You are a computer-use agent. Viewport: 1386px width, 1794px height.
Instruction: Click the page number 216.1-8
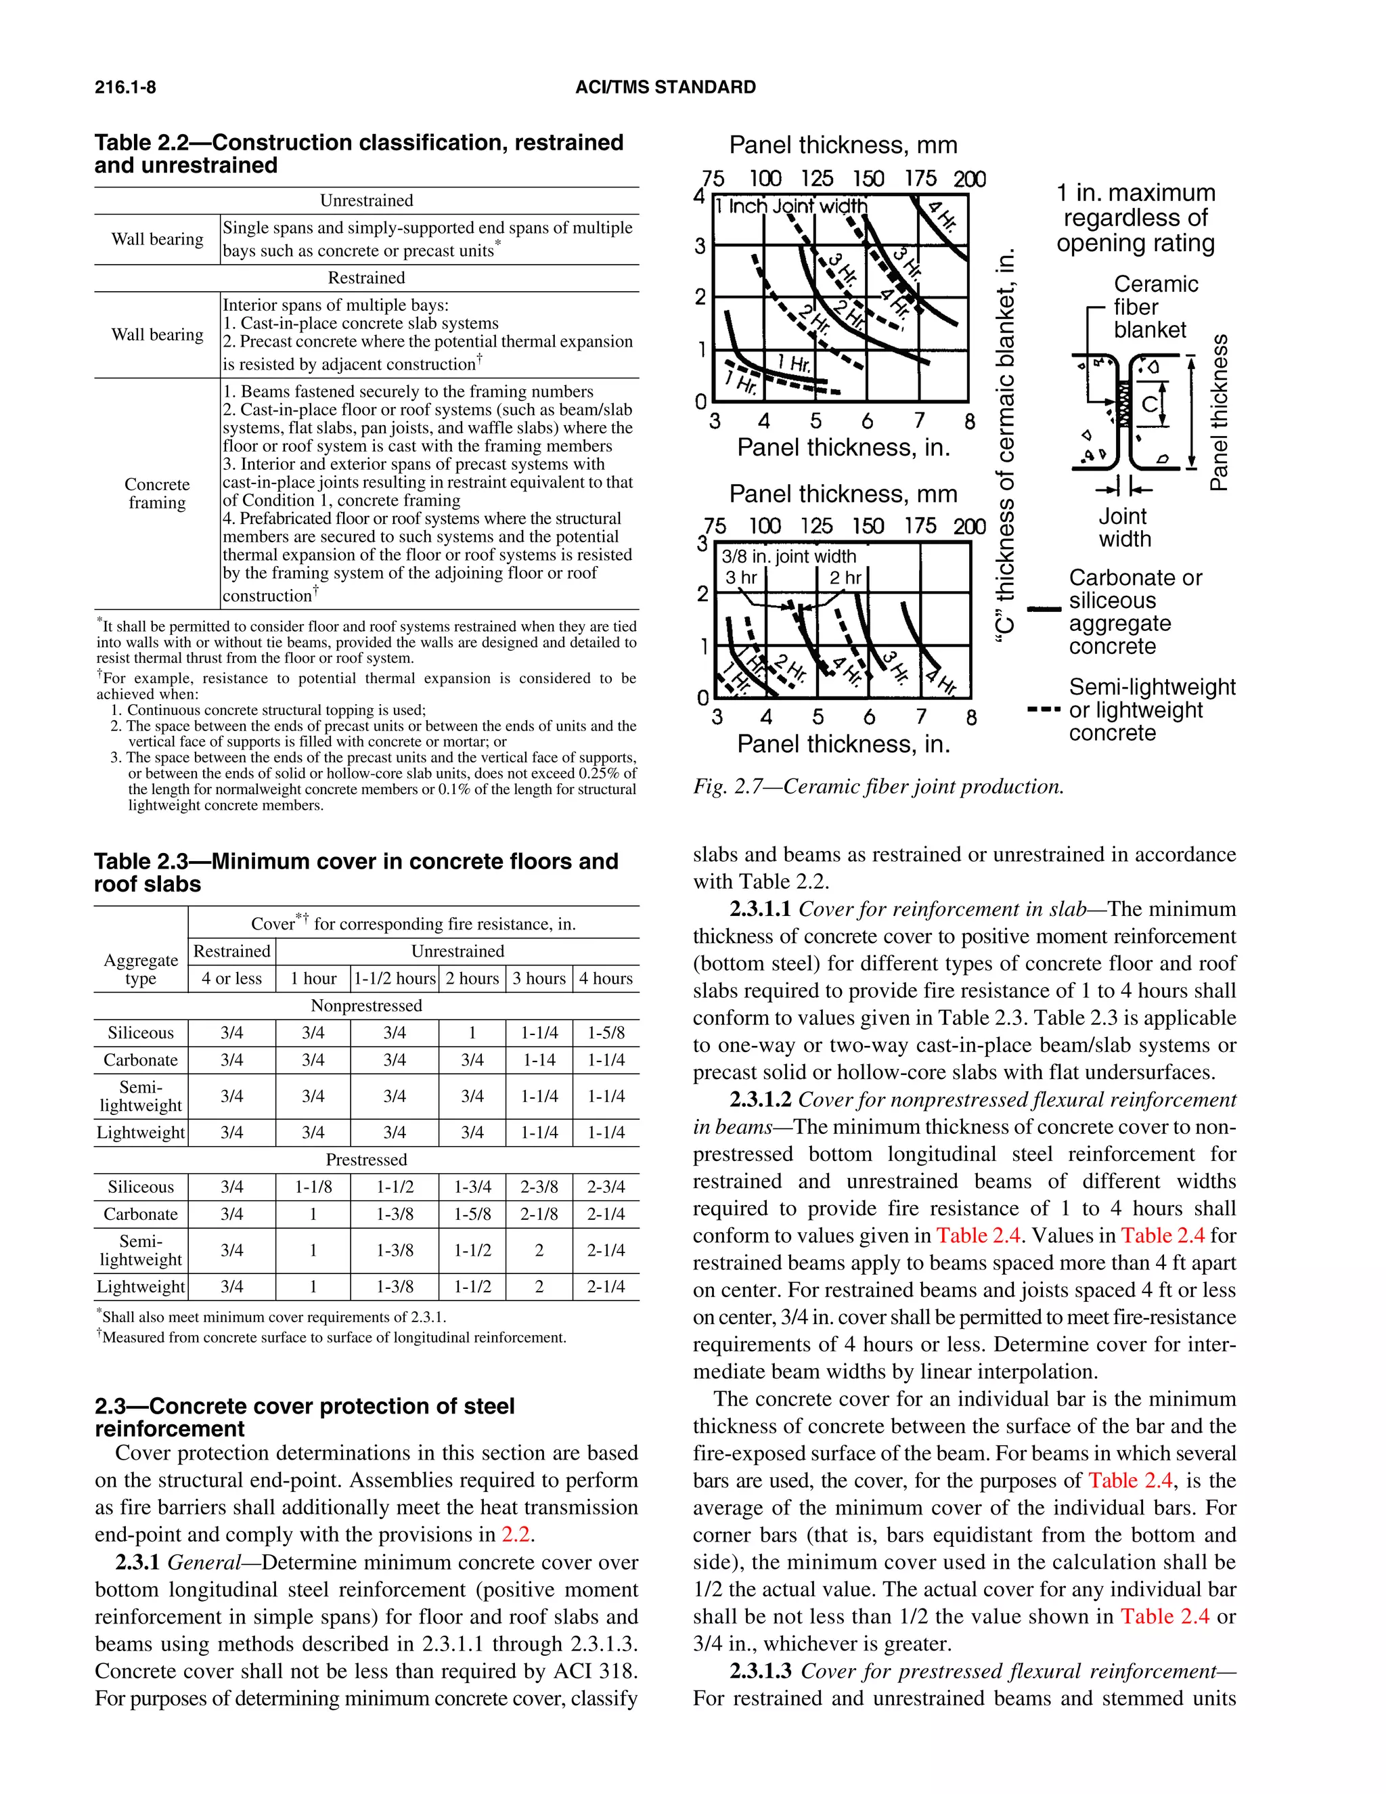point(125,87)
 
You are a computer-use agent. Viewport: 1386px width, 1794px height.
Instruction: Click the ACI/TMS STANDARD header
point(665,87)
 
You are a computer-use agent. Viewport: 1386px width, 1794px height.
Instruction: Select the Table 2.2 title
point(358,154)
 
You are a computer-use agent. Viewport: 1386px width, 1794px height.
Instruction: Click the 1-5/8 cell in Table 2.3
point(606,1032)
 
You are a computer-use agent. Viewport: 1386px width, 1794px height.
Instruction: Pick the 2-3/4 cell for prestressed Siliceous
point(606,1186)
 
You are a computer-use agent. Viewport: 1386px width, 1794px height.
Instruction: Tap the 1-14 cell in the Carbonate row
point(539,1059)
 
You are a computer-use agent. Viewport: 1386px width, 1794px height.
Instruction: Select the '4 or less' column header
point(231,978)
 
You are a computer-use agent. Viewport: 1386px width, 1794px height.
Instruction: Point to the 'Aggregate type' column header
point(140,969)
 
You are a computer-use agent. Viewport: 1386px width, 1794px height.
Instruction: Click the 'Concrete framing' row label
point(157,493)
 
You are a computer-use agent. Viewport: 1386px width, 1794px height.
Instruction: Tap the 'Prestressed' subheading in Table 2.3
point(366,1159)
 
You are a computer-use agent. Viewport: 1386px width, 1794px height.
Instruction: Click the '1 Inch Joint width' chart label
point(790,206)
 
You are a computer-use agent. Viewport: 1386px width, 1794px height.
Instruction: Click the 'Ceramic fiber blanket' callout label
point(1155,307)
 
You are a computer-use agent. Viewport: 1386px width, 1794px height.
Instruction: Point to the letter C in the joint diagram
point(1150,403)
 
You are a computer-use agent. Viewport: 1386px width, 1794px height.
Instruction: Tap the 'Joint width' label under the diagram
point(1124,527)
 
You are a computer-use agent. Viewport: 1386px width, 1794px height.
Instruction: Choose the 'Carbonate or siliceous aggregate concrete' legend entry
point(1135,611)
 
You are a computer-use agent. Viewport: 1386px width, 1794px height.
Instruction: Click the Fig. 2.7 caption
point(878,786)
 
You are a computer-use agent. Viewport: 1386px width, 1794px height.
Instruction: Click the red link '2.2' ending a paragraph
point(516,1535)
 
